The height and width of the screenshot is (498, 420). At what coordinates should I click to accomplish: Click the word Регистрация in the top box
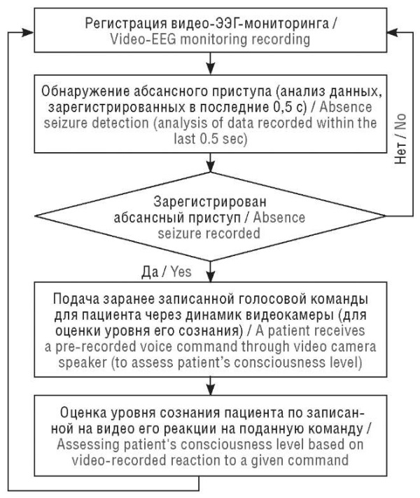[x=126, y=24]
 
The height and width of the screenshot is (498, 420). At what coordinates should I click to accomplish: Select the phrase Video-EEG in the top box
[x=143, y=40]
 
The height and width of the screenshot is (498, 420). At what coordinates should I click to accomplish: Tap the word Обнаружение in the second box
[x=85, y=92]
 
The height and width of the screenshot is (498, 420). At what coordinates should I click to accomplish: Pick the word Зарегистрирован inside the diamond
[x=210, y=202]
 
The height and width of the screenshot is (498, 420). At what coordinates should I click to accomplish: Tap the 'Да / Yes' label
[x=166, y=272]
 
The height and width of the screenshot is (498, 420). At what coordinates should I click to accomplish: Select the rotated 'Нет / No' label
[x=400, y=139]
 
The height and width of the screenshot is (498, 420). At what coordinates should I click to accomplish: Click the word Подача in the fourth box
[x=76, y=300]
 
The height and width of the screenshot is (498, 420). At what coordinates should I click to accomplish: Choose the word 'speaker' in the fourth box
[x=83, y=363]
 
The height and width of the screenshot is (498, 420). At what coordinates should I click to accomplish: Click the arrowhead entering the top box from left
[x=27, y=32]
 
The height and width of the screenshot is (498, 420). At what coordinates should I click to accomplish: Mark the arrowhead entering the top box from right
[x=393, y=32]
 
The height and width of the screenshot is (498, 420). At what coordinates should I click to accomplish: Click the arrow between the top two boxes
[x=211, y=64]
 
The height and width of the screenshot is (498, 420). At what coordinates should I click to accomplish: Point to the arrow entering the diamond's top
[x=211, y=163]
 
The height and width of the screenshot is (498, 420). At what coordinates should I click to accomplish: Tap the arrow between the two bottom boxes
[x=211, y=386]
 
